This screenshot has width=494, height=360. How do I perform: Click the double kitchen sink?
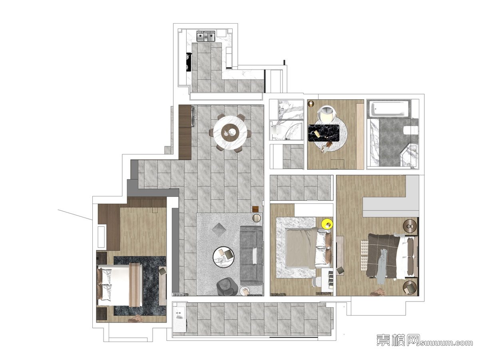[206, 36]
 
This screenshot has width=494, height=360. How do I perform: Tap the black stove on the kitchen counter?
[189, 62]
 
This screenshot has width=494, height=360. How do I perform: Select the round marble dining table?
[230, 133]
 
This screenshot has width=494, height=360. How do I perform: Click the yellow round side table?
[327, 224]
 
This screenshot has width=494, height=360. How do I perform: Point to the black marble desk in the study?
[324, 132]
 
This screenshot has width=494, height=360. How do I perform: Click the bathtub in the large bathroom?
[388, 108]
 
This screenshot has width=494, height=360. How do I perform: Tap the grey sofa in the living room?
[251, 255]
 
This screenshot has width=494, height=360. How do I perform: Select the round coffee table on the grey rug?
[223, 257]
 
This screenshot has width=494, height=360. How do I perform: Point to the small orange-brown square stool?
[255, 209]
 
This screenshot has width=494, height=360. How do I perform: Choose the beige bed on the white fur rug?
[308, 248]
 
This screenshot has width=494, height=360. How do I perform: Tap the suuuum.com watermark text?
[446, 342]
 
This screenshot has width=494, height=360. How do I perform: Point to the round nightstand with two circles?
[410, 226]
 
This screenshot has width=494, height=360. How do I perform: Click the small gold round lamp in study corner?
[311, 103]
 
